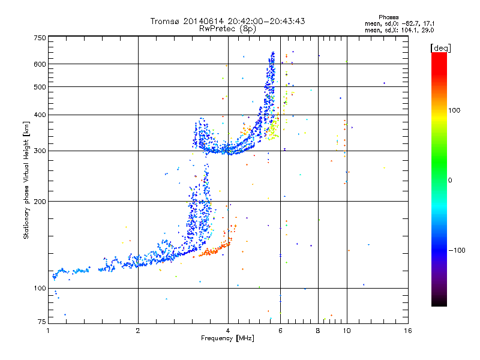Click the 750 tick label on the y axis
point(40,38)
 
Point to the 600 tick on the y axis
point(40,64)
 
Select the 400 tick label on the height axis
point(40,115)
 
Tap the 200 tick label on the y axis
point(40,202)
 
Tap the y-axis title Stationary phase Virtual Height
point(26,180)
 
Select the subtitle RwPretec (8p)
point(228,28)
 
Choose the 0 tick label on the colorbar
point(451,180)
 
